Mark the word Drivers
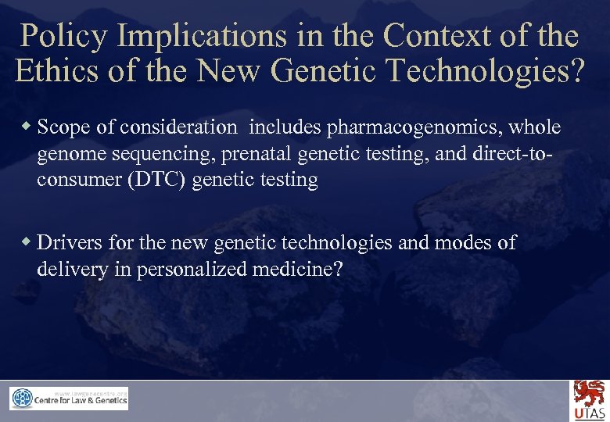[67, 243]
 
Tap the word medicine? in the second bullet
[298, 270]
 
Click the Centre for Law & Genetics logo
[69, 399]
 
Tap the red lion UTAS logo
[587, 399]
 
